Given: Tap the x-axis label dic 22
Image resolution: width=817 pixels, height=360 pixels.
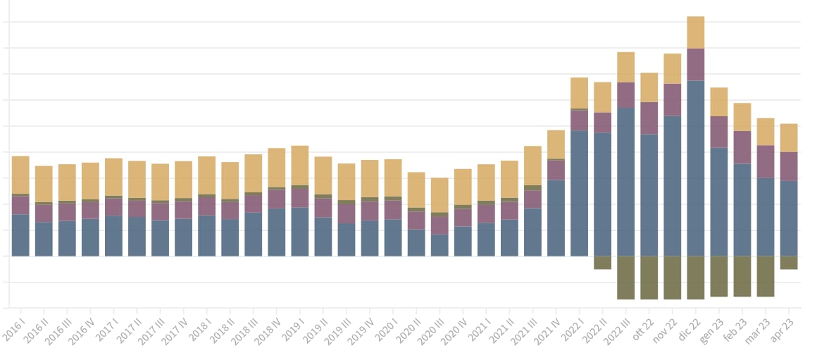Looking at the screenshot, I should coord(689,325).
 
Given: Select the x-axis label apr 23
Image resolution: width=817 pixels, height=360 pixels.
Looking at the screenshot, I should coord(782,325).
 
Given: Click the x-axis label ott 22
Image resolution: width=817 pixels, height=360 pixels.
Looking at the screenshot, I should coord(642,325).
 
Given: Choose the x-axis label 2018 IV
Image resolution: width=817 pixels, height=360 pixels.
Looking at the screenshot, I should coord(268,328).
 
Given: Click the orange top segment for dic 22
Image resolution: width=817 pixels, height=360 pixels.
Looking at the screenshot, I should coord(696,32).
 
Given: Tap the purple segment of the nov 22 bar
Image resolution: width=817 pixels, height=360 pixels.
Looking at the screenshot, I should coord(673,99).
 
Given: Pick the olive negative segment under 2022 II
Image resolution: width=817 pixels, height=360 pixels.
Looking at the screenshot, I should coord(602,262).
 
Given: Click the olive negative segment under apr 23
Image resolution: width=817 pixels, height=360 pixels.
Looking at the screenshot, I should coord(789,262).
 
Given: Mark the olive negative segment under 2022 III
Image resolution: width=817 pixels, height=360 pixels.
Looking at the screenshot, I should coord(625,277).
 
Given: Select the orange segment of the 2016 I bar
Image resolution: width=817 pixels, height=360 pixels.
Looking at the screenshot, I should coord(20,175).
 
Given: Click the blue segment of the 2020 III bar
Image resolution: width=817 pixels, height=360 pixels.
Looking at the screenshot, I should coord(439,244).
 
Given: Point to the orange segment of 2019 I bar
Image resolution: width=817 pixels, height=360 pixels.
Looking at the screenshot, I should coord(300,166).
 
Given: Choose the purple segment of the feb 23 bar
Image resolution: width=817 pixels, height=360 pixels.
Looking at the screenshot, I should coord(742,147).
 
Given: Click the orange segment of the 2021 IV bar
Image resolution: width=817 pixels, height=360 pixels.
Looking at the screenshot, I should coord(556,144).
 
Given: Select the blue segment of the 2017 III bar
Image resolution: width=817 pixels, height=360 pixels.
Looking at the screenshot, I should coord(160,237).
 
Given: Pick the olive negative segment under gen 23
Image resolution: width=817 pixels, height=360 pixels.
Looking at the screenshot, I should coord(719,275).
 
